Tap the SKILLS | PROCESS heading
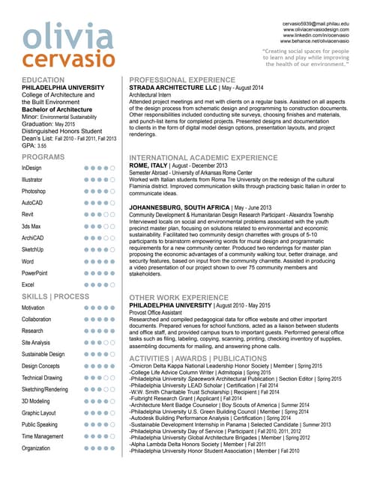point(55,296)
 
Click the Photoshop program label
point(34,192)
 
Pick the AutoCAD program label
point(32,203)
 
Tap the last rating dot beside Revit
point(112,215)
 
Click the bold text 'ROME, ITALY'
point(152,165)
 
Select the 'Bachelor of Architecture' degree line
point(58,110)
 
